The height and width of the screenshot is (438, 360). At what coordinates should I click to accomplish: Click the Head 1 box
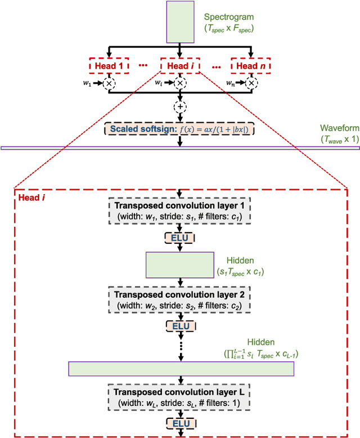109,66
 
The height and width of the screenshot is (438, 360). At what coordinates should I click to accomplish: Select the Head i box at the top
179,66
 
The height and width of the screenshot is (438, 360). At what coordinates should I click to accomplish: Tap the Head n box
251,66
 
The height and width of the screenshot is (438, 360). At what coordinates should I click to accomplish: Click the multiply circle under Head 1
109,83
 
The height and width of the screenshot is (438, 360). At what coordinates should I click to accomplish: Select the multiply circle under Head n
251,83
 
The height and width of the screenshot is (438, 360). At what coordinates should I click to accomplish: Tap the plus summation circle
179,107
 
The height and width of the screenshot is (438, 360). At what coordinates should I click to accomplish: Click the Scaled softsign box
179,129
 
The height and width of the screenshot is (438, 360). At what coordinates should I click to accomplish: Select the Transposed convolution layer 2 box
179,299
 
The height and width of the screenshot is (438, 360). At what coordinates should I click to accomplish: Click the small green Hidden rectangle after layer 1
179,266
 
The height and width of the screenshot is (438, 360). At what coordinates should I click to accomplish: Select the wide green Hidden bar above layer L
181,369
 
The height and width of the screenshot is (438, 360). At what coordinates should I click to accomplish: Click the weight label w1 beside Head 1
86,83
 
